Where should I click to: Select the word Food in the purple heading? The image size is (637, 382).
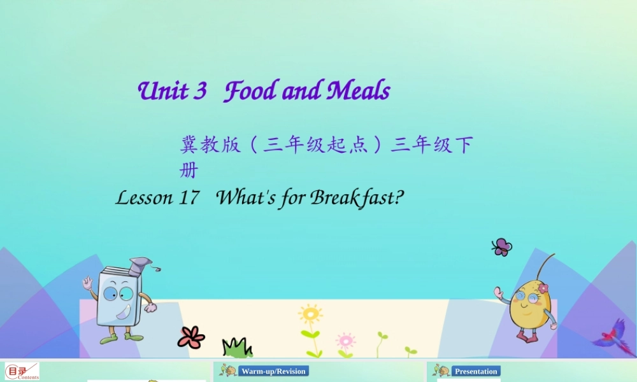249,92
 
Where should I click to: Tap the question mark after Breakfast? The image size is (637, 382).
399,198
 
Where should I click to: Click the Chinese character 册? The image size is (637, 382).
189,171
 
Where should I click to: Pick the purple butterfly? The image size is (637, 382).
502,247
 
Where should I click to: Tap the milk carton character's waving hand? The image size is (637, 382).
88,283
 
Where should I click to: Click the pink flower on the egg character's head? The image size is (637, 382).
543,288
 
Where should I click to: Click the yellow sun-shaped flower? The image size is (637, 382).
310,314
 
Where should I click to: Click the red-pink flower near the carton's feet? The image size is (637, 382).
191,337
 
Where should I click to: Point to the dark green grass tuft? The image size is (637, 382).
237,348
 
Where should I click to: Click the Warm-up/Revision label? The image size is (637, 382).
273,371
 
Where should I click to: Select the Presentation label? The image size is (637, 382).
476,371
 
